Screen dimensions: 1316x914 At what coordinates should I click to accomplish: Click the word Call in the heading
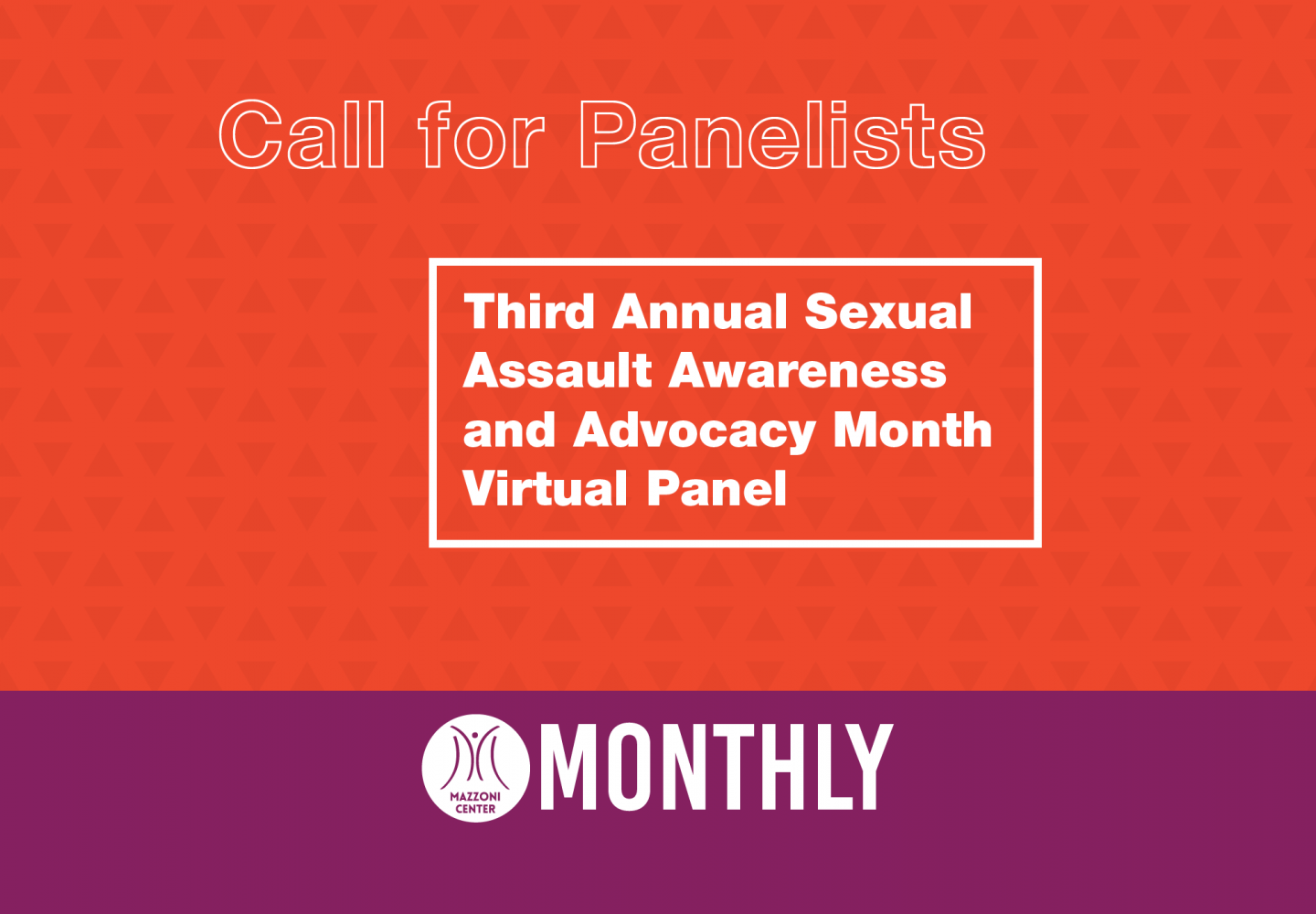tap(302, 134)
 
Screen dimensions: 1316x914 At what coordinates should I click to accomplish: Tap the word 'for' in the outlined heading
tap(481, 134)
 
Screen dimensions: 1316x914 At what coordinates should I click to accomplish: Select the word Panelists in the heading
tap(782, 134)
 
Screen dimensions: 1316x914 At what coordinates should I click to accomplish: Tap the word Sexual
tap(888, 311)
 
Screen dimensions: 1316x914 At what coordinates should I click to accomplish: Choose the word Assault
tap(557, 370)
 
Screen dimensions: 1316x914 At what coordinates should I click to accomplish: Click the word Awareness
tap(807, 370)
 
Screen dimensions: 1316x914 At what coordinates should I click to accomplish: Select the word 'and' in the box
tap(509, 430)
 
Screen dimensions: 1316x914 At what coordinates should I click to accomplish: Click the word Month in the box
tap(912, 430)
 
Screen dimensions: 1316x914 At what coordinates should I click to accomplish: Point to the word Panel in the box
tap(716, 489)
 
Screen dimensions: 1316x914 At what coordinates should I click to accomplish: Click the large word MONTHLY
tap(716, 767)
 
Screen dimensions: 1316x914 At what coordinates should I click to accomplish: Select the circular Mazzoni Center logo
tap(476, 768)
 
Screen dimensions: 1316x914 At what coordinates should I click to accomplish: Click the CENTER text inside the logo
tap(475, 809)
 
